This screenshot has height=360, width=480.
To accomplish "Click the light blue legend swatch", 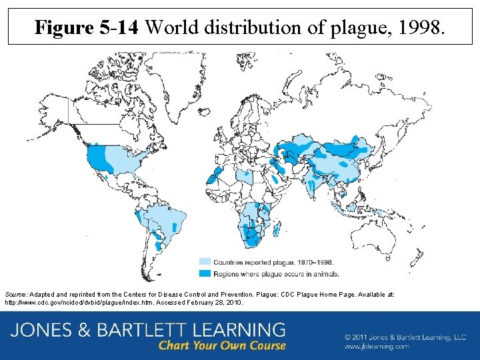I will tap(204, 262).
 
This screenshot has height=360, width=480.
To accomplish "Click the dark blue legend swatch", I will tap(204, 273).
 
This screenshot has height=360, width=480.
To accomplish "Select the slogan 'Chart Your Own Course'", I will tap(222, 345).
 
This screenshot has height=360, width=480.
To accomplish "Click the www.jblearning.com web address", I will tap(377, 347).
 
